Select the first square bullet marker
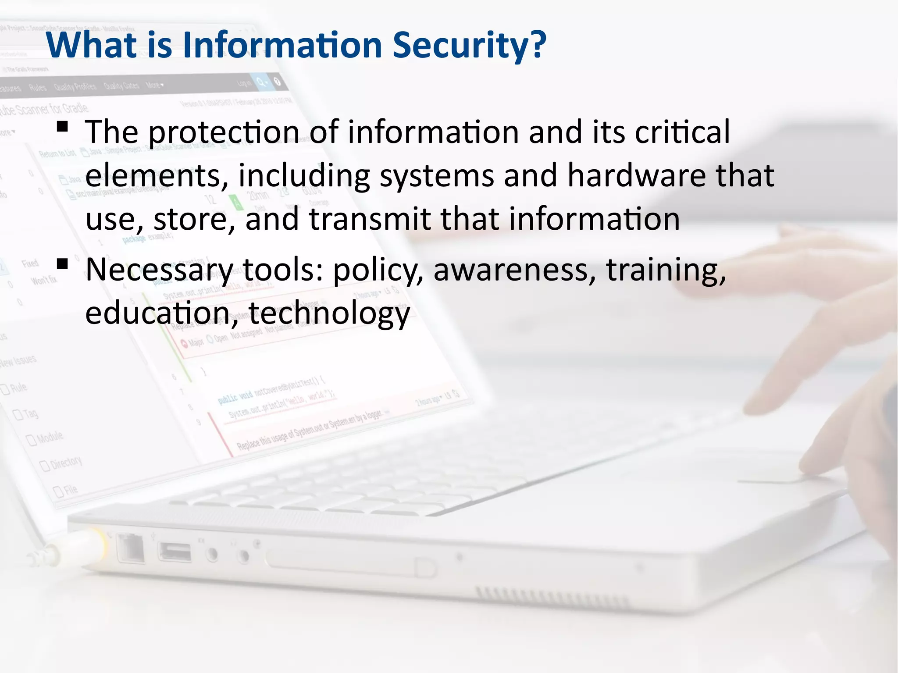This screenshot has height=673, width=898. pyautogui.click(x=62, y=127)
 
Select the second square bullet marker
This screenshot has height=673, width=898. pyautogui.click(x=62, y=264)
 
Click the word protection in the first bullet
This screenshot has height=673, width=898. pyautogui.click(x=224, y=132)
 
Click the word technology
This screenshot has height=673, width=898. pyautogui.click(x=329, y=314)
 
